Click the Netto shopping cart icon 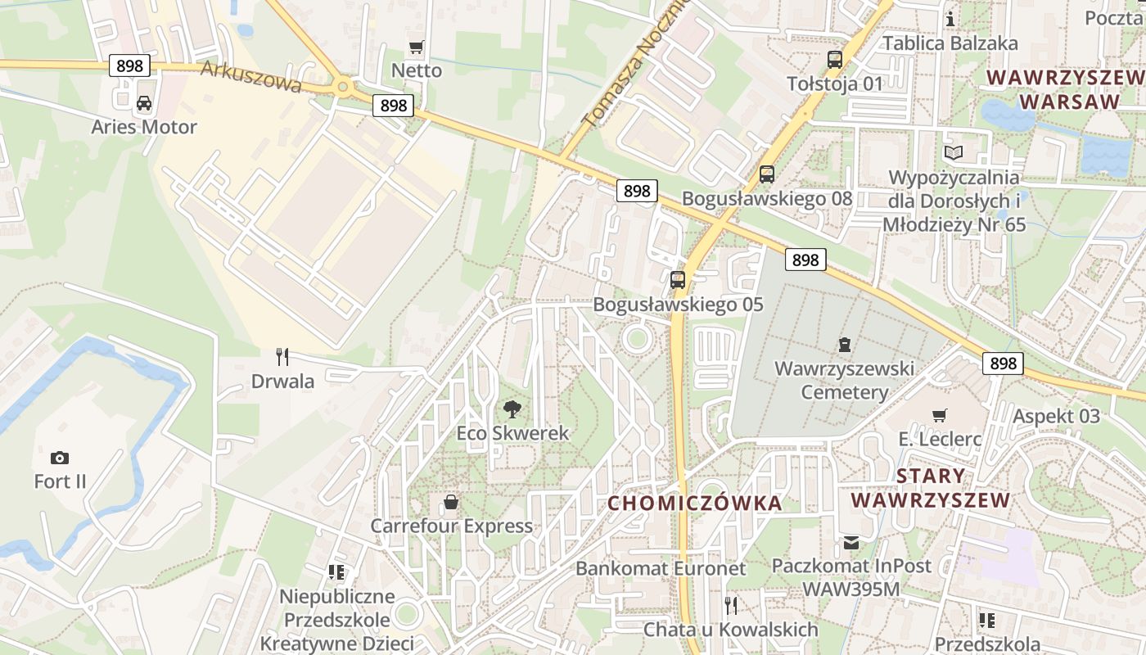click(417, 47)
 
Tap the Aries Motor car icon click(144, 103)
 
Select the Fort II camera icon click(59, 458)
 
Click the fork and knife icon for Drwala click(282, 357)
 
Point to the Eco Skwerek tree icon click(512, 409)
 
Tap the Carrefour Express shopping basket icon click(450, 502)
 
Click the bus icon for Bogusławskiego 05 click(678, 280)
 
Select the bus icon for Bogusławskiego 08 click(766, 174)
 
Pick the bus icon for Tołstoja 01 click(834, 59)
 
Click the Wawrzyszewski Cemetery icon click(844, 345)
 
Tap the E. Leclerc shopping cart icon click(940, 415)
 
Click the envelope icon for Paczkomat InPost click(851, 542)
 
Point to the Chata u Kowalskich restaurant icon click(731, 605)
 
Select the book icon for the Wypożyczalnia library click(954, 152)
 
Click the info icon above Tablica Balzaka click(950, 18)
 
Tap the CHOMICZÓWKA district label click(695, 503)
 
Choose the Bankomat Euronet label click(661, 568)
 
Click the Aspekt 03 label click(1056, 416)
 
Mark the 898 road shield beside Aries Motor click(129, 65)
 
